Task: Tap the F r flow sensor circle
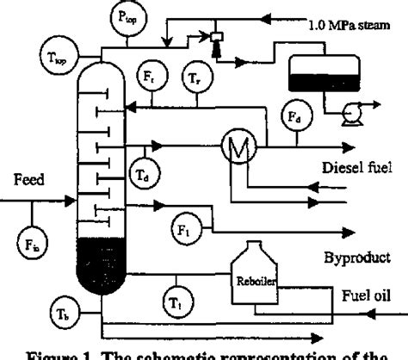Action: [x=151, y=75]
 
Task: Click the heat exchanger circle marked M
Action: [x=236, y=146]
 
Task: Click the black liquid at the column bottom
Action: [x=102, y=267]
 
